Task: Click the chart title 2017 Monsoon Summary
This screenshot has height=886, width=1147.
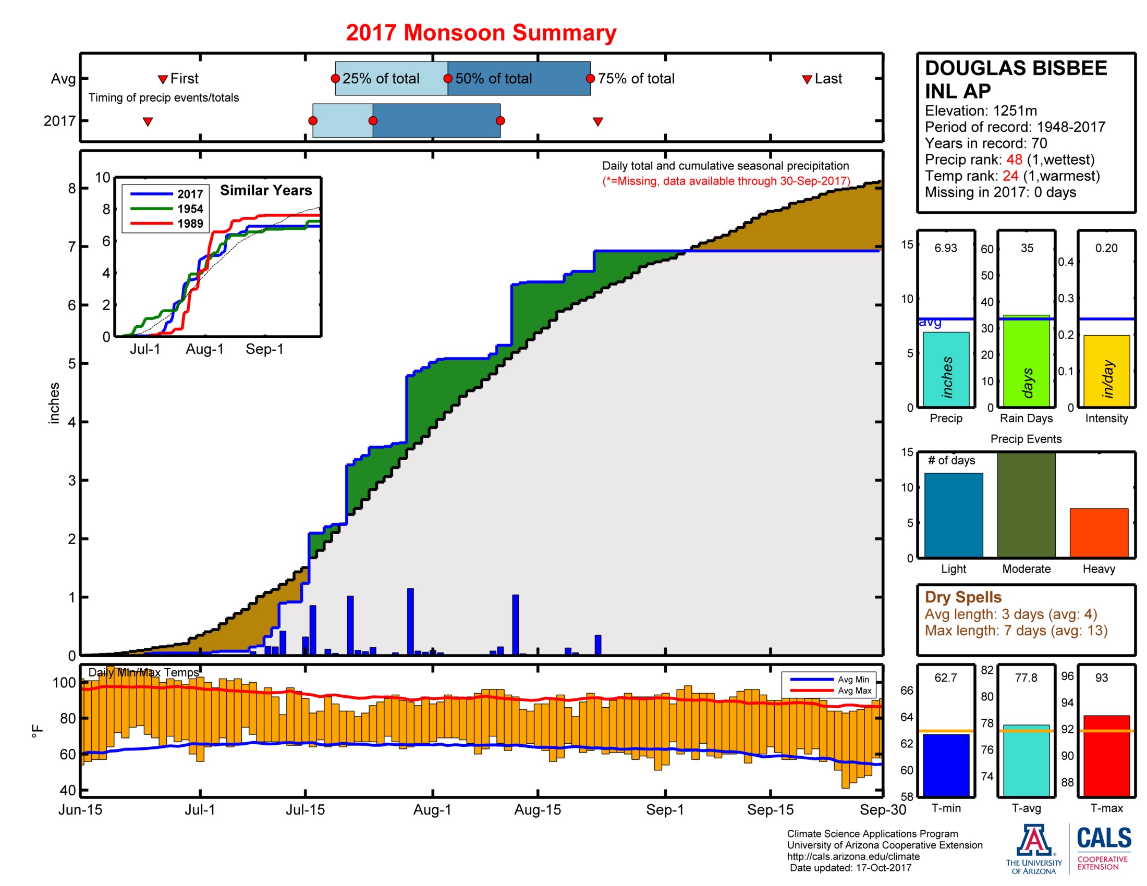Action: click(481, 32)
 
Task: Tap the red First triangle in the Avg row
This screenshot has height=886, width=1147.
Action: click(163, 79)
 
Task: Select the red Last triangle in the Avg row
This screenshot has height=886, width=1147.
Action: click(807, 79)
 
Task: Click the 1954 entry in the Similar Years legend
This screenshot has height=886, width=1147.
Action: click(190, 209)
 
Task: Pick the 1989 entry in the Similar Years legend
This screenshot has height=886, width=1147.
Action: click(190, 224)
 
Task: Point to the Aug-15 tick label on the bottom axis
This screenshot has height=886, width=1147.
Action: click(537, 810)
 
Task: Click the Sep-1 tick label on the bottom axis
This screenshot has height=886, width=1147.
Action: click(664, 810)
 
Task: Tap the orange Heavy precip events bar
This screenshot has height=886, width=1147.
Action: click(1099, 532)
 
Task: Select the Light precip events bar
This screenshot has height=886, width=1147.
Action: click(953, 514)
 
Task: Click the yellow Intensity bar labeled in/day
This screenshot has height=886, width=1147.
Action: click(1106, 371)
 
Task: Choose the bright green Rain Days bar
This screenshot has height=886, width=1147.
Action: click(1026, 361)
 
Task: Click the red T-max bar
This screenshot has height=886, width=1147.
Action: click(1106, 756)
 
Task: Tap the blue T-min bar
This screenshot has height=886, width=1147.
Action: click(946, 765)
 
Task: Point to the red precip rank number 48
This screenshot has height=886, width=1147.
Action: click(1014, 159)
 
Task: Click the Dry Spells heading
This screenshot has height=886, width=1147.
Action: click(962, 597)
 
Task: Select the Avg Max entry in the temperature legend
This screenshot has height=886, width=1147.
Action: click(854, 691)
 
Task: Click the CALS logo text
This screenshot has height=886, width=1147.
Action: click(1103, 838)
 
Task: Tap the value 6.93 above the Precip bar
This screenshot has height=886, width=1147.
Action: click(945, 248)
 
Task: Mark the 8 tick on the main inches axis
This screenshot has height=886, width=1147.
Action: click(72, 189)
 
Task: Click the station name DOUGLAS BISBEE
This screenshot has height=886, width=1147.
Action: click(1016, 68)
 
